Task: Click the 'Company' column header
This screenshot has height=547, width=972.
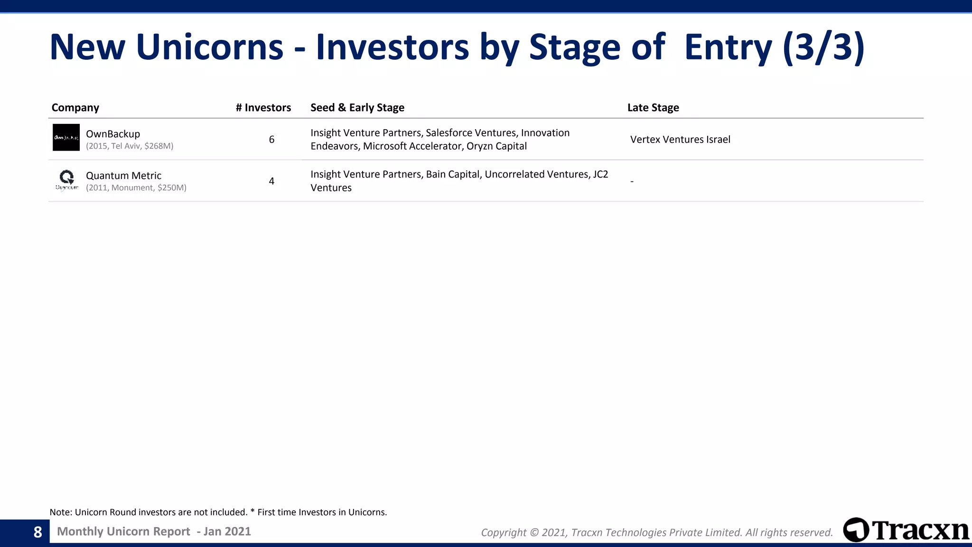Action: pos(75,108)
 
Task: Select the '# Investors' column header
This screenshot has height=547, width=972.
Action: pos(263,108)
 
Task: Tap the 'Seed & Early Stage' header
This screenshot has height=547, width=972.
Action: pos(357,108)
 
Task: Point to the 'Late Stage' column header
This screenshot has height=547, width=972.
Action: pos(653,108)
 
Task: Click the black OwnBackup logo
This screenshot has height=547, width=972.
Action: pos(66,138)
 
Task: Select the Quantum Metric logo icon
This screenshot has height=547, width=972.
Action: pos(66,179)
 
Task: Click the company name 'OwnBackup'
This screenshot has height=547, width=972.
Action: pos(113,134)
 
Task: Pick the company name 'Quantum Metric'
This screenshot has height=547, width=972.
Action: pos(123,176)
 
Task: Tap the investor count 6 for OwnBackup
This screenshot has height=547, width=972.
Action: pos(271,140)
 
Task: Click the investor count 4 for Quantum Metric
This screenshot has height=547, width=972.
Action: pos(271,181)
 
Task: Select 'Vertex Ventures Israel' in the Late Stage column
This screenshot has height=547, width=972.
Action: pos(680,140)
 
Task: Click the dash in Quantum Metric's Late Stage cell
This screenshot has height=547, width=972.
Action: pos(632,181)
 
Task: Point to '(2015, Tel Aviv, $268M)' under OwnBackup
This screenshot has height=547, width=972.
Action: pos(130,146)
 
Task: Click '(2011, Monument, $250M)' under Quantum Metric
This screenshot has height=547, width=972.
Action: pos(136,188)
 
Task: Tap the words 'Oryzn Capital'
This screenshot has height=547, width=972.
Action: pos(496,146)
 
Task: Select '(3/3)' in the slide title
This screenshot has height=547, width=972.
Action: pos(823,47)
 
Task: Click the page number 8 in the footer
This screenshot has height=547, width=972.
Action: pos(38,532)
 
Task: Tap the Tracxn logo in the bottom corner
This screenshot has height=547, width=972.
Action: pos(906,530)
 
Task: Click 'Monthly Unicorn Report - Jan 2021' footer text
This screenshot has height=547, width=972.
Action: pos(154,532)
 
